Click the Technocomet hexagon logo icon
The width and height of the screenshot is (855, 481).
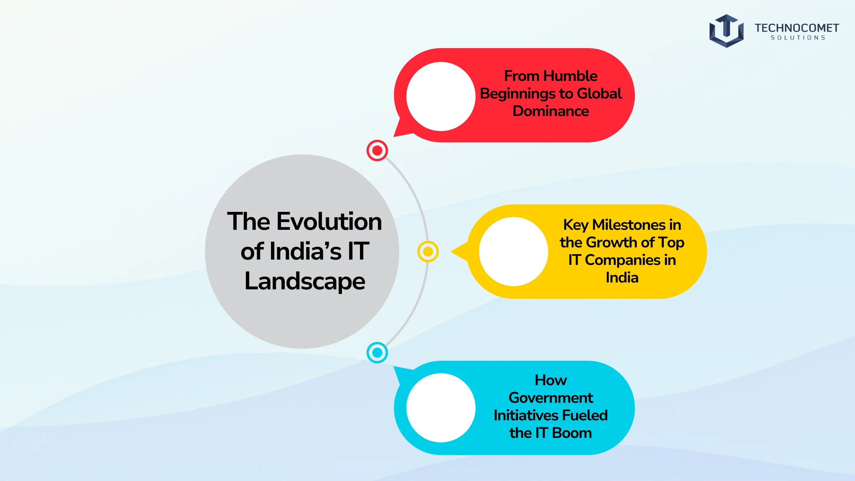(726, 31)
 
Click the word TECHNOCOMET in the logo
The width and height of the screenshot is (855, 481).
(797, 28)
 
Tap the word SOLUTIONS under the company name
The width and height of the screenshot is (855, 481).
(798, 38)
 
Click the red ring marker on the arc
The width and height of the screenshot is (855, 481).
(377, 150)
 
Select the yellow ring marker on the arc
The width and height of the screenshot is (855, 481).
(428, 252)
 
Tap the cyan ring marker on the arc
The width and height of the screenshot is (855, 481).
(377, 352)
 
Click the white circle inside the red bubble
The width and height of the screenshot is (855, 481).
(441, 97)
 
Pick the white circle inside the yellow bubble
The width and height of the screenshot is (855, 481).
(513, 252)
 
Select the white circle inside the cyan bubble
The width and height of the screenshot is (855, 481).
(441, 408)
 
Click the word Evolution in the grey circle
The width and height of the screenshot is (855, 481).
(329, 221)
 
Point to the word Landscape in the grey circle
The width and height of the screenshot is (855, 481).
(305, 282)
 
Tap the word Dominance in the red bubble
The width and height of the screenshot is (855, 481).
(550, 111)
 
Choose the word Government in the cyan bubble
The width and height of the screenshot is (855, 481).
(551, 398)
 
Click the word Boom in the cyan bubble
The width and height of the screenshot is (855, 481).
(572, 433)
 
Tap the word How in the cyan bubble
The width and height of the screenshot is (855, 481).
(551, 380)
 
